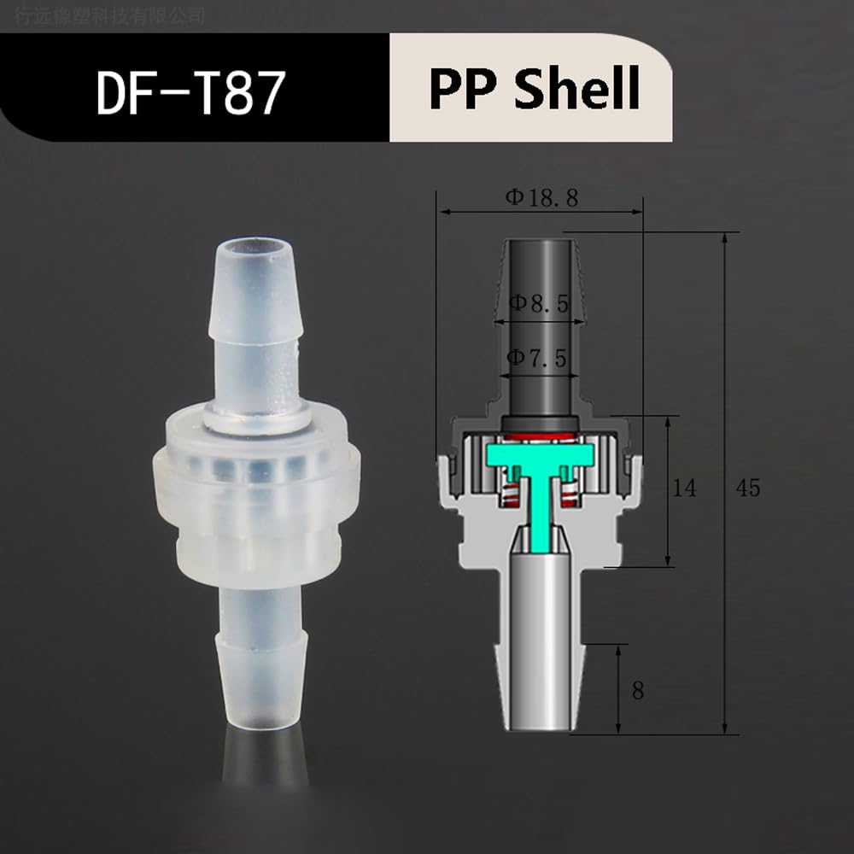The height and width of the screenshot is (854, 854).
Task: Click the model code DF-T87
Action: click(x=189, y=93)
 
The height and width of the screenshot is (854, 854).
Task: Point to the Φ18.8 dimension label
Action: click(x=541, y=198)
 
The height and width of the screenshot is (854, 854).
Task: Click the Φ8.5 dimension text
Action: click(x=538, y=303)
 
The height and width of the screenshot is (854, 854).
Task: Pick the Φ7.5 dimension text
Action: click(x=537, y=359)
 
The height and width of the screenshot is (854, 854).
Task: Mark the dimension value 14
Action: click(x=684, y=488)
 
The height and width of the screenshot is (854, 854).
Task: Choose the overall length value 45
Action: click(x=747, y=488)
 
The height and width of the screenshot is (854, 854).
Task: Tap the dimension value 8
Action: click(x=638, y=691)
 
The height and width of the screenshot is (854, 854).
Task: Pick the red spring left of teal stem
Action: click(x=512, y=494)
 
